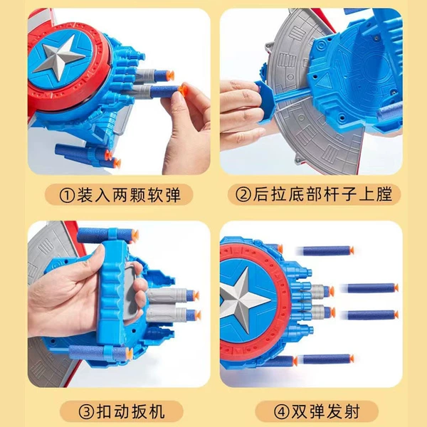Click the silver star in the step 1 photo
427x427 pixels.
(58, 58)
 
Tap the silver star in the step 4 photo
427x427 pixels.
(243, 300)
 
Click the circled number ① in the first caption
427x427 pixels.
(67, 195)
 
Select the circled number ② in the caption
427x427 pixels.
(243, 194)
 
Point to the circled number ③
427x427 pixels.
(86, 412)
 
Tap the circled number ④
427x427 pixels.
(281, 412)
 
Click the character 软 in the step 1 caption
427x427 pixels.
(155, 195)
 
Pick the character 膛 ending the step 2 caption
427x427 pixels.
(384, 194)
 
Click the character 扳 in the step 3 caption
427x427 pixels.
(140, 411)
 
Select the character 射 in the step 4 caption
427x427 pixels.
(351, 411)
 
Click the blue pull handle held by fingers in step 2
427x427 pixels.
(265, 102)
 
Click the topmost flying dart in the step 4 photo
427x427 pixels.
(327, 251)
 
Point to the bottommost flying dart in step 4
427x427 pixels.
(327, 359)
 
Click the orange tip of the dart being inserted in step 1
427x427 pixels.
(183, 89)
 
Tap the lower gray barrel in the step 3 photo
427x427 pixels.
(167, 313)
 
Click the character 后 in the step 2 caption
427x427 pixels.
(261, 194)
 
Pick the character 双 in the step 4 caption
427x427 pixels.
(300, 411)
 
